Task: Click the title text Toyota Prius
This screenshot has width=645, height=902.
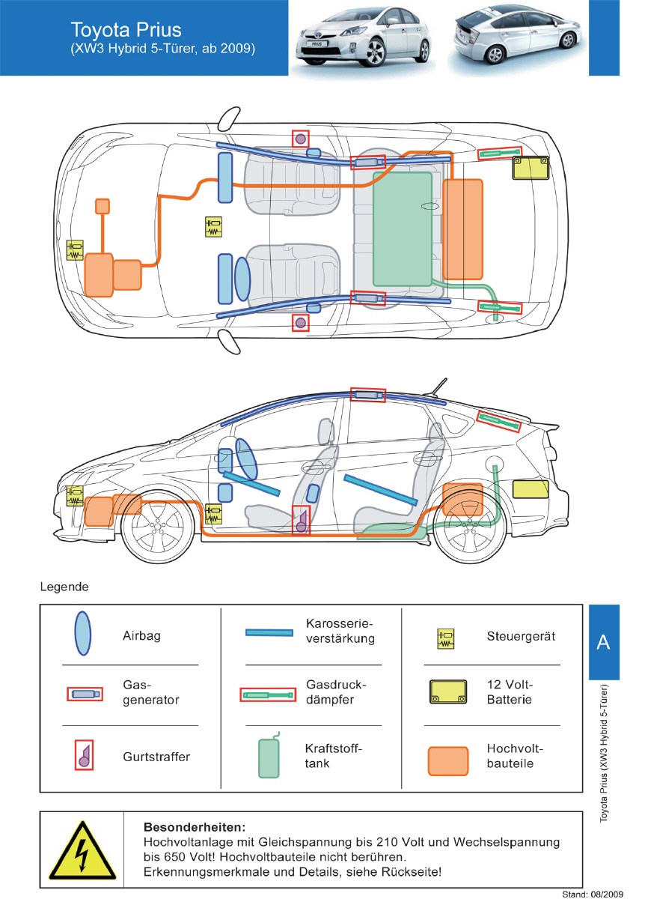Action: click(x=126, y=30)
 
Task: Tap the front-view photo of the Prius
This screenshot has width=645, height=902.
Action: click(x=364, y=39)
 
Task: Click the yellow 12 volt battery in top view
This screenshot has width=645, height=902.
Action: click(x=530, y=167)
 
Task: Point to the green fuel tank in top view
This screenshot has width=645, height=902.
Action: click(x=403, y=228)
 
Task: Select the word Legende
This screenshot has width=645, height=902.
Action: click(x=64, y=587)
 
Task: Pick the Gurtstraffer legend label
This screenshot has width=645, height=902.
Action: click(x=156, y=757)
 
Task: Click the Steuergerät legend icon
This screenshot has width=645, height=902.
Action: click(x=446, y=638)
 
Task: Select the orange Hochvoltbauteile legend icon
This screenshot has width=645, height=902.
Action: click(x=448, y=760)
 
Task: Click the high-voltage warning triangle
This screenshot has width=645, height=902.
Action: click(x=82, y=850)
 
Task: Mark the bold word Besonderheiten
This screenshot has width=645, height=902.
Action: click(x=194, y=828)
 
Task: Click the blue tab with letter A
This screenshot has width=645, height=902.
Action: click(x=603, y=642)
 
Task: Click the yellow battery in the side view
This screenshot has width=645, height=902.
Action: click(x=530, y=489)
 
